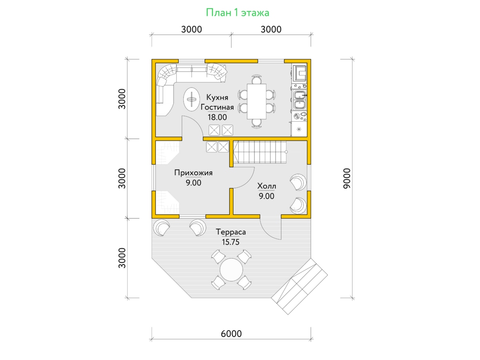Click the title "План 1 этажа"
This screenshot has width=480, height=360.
(238, 13)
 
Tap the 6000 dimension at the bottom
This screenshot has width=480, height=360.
(231, 334)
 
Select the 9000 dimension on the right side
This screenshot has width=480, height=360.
(347, 178)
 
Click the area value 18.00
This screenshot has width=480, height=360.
(217, 117)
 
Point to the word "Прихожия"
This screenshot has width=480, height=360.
(193, 173)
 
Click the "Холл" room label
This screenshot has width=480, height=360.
(266, 186)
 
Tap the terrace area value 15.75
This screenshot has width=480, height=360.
(231, 242)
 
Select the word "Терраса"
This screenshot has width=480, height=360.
(231, 232)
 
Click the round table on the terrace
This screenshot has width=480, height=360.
(231, 270)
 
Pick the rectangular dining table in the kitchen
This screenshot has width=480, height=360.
(256, 102)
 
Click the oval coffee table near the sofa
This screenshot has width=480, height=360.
(191, 100)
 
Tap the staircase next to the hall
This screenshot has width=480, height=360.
(260, 152)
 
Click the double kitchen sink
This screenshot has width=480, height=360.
(299, 100)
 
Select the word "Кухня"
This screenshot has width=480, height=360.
(217, 97)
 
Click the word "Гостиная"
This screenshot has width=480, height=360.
(217, 107)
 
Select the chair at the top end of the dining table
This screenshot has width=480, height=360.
(256, 80)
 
